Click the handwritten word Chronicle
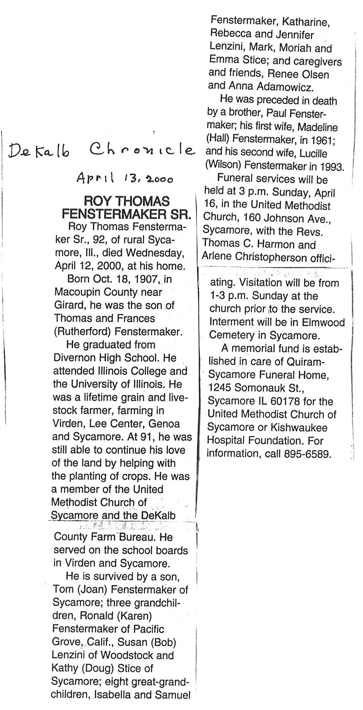(x=141, y=149)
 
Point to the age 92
(x=99, y=240)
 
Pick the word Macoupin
(x=76, y=292)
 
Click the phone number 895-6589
(x=308, y=454)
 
